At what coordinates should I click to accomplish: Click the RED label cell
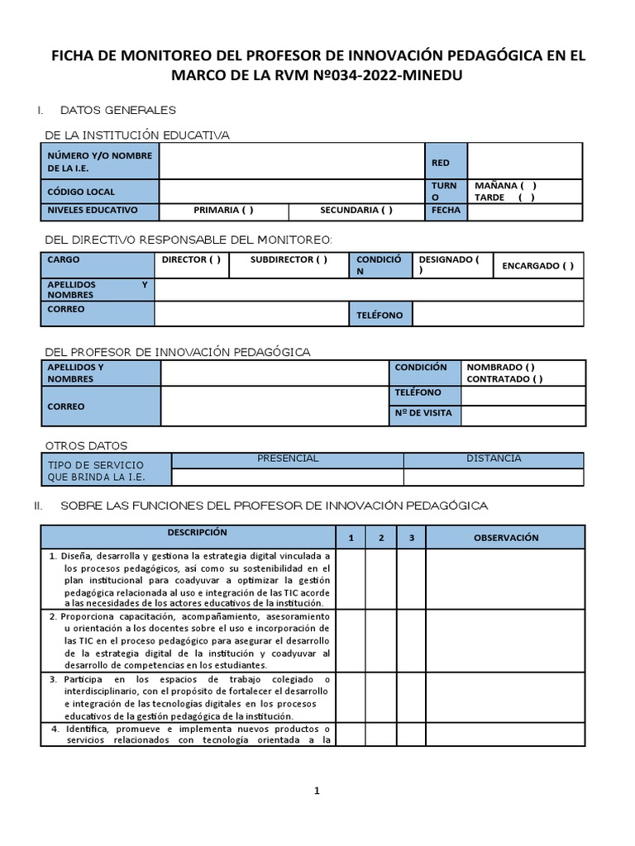[x=441, y=164]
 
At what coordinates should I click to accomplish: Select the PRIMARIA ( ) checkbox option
[x=223, y=211]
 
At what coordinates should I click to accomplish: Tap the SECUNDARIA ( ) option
[x=356, y=211]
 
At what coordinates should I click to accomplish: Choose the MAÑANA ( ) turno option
[x=505, y=186]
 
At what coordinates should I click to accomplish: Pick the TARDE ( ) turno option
[x=504, y=197]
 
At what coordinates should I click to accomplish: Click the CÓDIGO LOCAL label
[x=81, y=192]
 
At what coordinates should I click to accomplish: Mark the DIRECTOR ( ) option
[x=191, y=259]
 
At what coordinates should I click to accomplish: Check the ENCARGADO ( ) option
[x=537, y=266]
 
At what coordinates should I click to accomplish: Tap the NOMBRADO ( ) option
[x=500, y=367]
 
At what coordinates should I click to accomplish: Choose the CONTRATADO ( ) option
[x=504, y=379]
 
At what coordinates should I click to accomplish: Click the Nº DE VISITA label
[x=423, y=413]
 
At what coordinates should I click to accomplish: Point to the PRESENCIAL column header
[x=287, y=459]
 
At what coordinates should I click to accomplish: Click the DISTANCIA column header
[x=493, y=459]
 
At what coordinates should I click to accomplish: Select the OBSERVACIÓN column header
[x=505, y=538]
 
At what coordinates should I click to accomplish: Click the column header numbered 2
[x=381, y=539]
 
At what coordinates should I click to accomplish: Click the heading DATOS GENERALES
[x=118, y=110]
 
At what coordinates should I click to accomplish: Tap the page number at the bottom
[x=316, y=791]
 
